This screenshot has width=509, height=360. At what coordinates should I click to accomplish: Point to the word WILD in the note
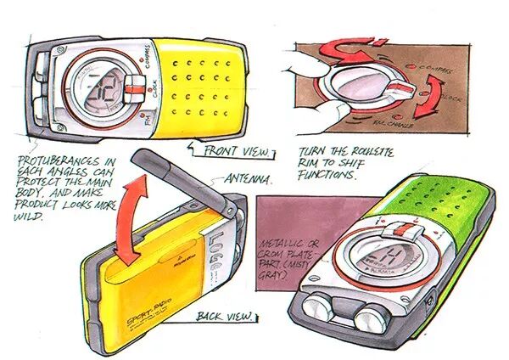35,215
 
